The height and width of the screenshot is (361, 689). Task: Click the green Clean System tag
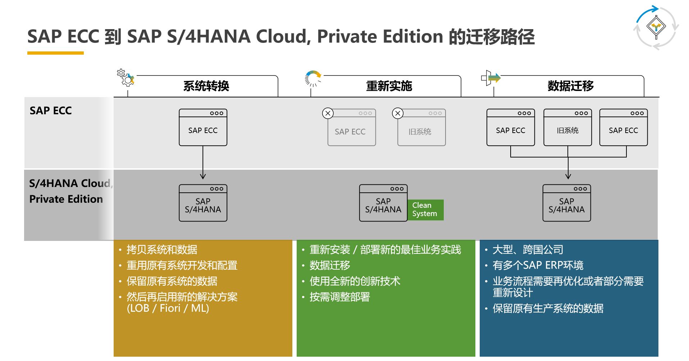pyautogui.click(x=425, y=210)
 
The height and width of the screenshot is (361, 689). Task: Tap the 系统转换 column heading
pyautogui.click(x=206, y=86)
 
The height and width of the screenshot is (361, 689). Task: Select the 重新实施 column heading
pyautogui.click(x=389, y=86)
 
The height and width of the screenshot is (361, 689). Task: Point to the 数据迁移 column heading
pyautogui.click(x=570, y=86)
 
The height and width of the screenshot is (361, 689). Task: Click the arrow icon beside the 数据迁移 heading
pyautogui.click(x=491, y=78)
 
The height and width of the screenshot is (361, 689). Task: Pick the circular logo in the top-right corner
pyautogui.click(x=656, y=27)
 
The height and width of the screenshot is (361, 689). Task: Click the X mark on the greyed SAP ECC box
pyautogui.click(x=328, y=114)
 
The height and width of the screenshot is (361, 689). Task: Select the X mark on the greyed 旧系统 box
pyautogui.click(x=398, y=114)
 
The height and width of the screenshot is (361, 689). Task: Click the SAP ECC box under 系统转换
pyautogui.click(x=203, y=128)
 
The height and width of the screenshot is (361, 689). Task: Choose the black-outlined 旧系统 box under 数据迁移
pyautogui.click(x=567, y=128)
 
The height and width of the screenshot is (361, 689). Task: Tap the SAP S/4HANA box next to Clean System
pyautogui.click(x=383, y=203)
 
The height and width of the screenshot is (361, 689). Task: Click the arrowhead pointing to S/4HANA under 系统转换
pyautogui.click(x=203, y=176)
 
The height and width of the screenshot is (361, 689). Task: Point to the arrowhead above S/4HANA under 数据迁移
pyautogui.click(x=568, y=176)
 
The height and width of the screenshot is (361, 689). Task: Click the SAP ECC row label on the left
pyautogui.click(x=51, y=111)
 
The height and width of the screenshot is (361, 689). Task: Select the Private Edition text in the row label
pyautogui.click(x=66, y=199)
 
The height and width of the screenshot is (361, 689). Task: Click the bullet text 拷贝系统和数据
pyautogui.click(x=162, y=250)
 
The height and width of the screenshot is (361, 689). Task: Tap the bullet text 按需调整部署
pyautogui.click(x=339, y=297)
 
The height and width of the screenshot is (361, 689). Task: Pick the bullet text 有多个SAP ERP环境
pyautogui.click(x=538, y=265)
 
